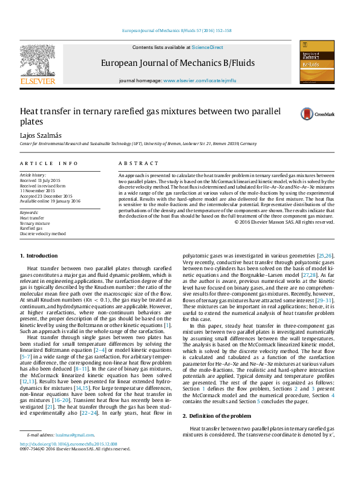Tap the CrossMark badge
[313, 113]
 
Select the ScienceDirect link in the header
[208, 47]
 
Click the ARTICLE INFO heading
[49, 163]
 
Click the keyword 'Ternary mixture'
[35, 223]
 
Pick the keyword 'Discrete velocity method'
[43, 233]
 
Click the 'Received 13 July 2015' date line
[41, 181]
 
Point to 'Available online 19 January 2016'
[51, 200]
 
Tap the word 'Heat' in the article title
[31, 111]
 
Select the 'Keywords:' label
[29, 213]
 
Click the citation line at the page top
[177, 30]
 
